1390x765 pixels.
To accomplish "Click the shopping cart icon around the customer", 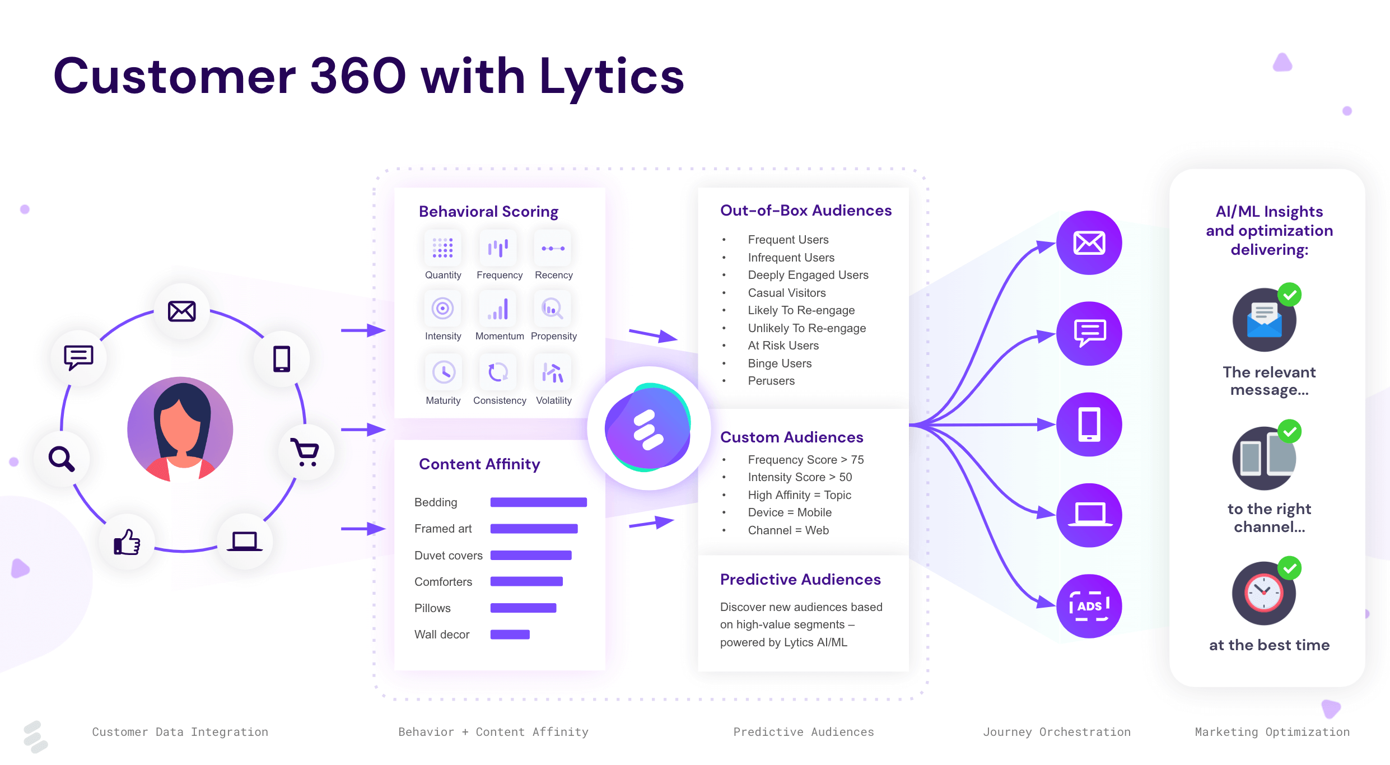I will (x=305, y=453).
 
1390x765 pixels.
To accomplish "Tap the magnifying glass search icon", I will (x=61, y=459).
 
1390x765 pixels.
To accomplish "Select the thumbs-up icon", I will (x=127, y=542).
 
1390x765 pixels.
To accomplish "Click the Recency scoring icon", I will (x=553, y=248).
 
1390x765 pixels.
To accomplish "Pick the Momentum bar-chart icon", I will (x=498, y=309).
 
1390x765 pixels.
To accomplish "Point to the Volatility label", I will (x=554, y=400).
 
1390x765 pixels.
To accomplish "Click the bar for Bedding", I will (x=538, y=502).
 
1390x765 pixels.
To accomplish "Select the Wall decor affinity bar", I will (x=510, y=635).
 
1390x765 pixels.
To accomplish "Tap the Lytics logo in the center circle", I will (x=648, y=428).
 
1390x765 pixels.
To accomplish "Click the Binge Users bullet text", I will (x=780, y=363).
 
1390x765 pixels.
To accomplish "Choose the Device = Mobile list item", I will (x=790, y=512).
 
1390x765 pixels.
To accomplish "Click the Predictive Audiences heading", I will (x=800, y=580).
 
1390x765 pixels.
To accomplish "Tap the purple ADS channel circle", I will (x=1089, y=606).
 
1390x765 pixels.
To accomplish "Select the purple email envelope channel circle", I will (x=1089, y=243).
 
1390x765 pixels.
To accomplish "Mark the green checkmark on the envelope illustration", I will (x=1289, y=295).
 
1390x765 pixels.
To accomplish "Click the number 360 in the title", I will (x=358, y=76).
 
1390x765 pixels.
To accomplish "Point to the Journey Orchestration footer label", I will (x=1057, y=732).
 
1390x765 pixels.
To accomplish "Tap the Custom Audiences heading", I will (x=791, y=437).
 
